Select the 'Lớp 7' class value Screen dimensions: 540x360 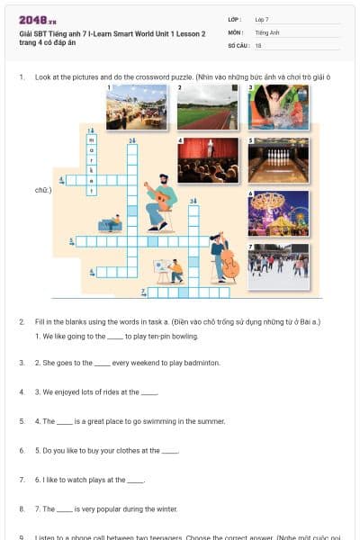pos(261,19)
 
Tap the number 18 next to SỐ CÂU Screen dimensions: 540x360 pos(258,44)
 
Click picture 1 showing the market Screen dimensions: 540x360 pos(136,108)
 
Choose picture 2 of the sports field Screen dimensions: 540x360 pos(207,108)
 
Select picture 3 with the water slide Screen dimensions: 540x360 pos(278,108)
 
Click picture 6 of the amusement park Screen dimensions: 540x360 pos(278,213)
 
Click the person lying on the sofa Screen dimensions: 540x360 pos(110,222)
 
